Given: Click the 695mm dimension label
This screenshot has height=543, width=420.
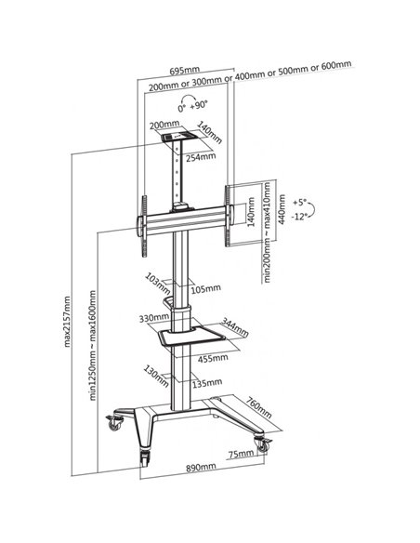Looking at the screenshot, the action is point(184,71).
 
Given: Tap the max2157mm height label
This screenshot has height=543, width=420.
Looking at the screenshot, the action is point(67,322).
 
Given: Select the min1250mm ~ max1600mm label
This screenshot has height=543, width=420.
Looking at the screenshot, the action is point(93,345).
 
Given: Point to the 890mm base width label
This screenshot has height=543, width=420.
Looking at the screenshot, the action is point(201,467).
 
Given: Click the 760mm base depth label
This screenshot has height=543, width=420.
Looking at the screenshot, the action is point(258,407).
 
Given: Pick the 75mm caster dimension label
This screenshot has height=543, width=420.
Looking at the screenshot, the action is point(241,454).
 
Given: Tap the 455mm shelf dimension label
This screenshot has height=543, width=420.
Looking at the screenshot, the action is point(213,358).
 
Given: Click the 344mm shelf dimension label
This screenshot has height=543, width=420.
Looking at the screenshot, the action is point(235,327).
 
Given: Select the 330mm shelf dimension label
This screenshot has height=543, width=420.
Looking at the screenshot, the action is point(154,318).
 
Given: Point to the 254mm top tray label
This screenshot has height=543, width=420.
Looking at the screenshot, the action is point(201,157).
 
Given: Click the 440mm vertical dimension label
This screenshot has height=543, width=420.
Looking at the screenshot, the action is point(282,209).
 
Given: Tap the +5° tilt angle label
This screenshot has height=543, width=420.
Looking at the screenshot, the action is point(299,202).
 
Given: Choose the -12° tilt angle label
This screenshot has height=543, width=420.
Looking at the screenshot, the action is point(299,217).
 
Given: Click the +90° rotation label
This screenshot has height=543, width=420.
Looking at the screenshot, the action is point(199,104).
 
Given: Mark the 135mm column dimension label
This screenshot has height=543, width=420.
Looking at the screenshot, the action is point(207,383).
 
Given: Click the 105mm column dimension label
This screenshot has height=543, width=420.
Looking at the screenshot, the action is point(206,288).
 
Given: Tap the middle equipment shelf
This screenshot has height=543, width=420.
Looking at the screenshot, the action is point(192,336).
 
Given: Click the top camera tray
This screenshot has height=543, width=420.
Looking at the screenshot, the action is point(180,136).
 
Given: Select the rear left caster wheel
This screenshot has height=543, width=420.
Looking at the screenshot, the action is point(115,422).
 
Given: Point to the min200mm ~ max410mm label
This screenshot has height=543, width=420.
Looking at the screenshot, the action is point(267,232).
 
